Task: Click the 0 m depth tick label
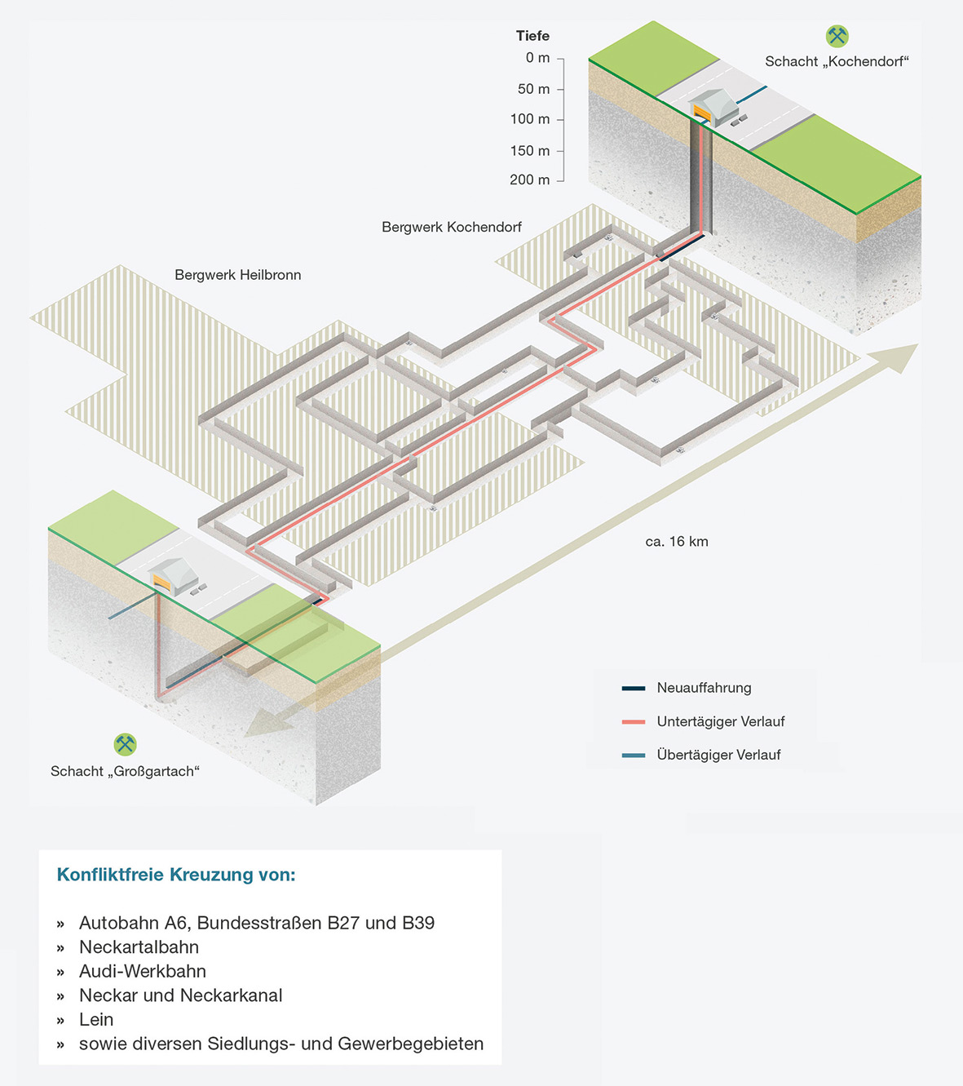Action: click(x=537, y=58)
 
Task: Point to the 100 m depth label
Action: click(x=530, y=119)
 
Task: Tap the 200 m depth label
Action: click(x=530, y=180)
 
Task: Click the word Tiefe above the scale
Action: click(x=532, y=36)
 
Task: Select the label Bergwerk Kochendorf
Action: click(x=451, y=227)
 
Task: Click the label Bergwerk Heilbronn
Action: click(x=237, y=275)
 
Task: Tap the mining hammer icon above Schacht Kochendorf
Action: click(x=837, y=36)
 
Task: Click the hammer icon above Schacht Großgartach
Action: click(x=125, y=744)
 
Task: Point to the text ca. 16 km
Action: click(x=676, y=542)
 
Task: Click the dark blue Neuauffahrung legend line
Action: click(x=633, y=688)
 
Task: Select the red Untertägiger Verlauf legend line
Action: click(x=633, y=721)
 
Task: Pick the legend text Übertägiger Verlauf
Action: click(x=718, y=755)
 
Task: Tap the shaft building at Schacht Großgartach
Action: click(x=173, y=576)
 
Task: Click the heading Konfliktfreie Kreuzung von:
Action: click(x=176, y=875)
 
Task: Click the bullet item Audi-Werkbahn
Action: click(x=143, y=971)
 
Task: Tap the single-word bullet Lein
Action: click(x=96, y=1019)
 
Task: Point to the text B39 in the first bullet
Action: click(x=418, y=923)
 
